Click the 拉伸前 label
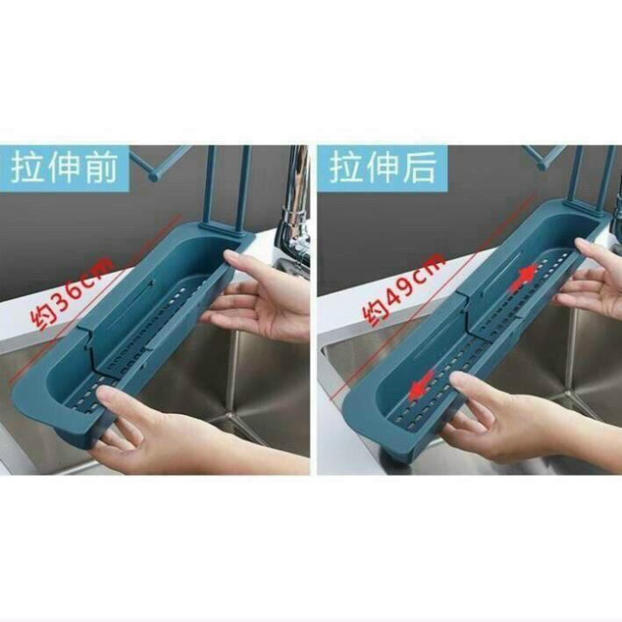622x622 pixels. click(64, 168)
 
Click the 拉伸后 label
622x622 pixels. click(382, 168)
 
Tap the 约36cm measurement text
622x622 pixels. click(72, 293)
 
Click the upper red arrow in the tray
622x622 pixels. click(523, 277)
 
